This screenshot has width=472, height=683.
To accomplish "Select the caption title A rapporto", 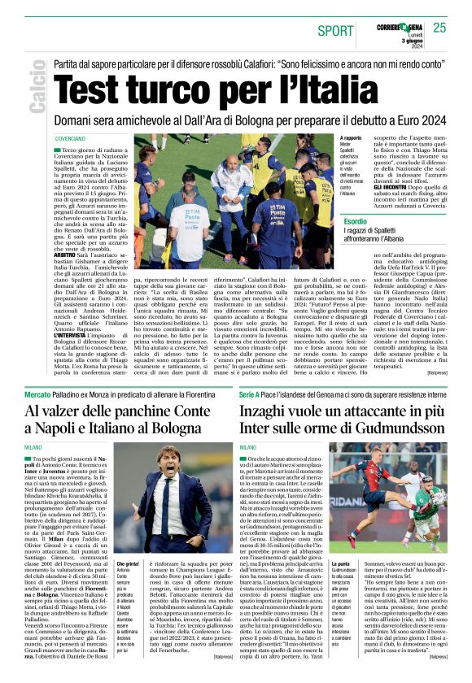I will [x=329, y=139].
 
